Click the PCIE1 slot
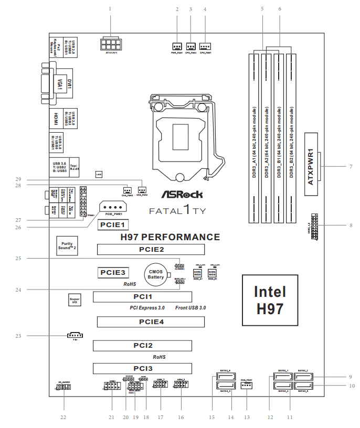click(112, 224)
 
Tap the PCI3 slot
click(142, 369)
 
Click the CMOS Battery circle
click(156, 273)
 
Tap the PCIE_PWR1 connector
click(114, 208)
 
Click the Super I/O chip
click(74, 301)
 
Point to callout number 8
click(351, 226)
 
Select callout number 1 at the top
click(110, 9)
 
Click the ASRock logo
click(181, 195)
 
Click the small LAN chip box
click(98, 173)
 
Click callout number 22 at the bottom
click(63, 417)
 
